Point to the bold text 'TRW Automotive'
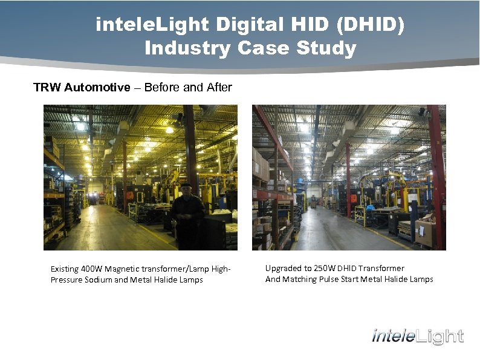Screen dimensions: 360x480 pos(82,87)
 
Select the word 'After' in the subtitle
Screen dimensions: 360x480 pos(219,87)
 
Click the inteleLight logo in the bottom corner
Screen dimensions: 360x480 pos(418,336)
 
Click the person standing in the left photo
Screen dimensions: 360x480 pos(187,215)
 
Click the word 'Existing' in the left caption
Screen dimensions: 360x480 pos(65,269)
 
